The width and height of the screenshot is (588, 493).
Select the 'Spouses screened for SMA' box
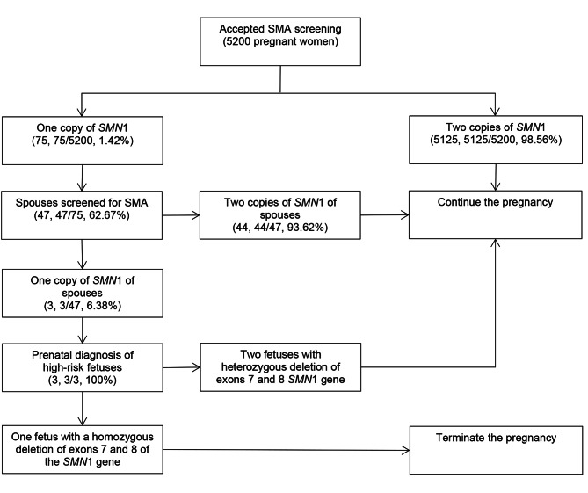click(x=83, y=212)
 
